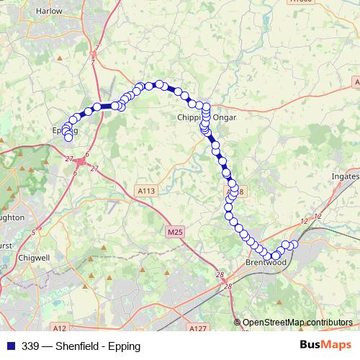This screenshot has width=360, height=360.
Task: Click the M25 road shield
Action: coord(174,233)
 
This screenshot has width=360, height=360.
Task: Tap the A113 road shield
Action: coord(146,191)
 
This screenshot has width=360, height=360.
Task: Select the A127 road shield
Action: coord(199,328)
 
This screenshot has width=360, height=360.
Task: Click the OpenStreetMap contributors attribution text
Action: coord(297,323)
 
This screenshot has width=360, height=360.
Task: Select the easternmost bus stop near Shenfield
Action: coord(294,245)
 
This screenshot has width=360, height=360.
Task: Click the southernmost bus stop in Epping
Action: coord(68,137)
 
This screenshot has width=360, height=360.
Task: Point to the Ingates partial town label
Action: coord(346,176)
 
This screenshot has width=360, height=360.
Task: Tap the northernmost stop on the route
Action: coord(158,84)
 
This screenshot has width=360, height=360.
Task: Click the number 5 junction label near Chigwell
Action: coord(33,232)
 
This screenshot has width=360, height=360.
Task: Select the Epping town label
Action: coord(64,131)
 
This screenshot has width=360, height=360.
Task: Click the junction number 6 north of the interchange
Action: coord(86,154)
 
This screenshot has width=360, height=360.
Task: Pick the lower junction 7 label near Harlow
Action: coord(93,63)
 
